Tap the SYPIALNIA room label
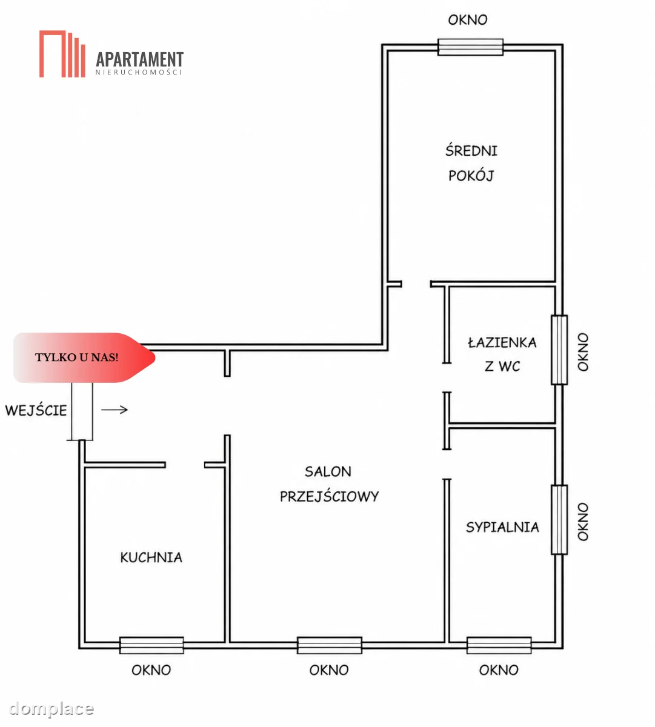click(x=502, y=527)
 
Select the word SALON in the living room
click(x=328, y=471)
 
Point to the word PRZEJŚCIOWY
click(x=329, y=496)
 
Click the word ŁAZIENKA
click(x=502, y=342)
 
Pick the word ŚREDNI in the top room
click(x=471, y=150)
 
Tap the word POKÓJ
click(x=471, y=176)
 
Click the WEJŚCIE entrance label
click(x=36, y=410)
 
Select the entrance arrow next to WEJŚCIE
click(x=115, y=410)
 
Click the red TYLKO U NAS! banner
click(x=84, y=357)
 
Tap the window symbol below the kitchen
click(x=151, y=645)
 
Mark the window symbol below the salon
click(x=330, y=645)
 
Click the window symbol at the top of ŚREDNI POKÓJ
click(x=471, y=47)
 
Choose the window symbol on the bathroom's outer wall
click(x=559, y=350)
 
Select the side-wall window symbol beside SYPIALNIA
click(x=559, y=519)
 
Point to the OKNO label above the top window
click(x=468, y=20)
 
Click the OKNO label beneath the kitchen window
click(x=151, y=671)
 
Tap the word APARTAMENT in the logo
click(x=139, y=59)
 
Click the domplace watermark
click(x=51, y=708)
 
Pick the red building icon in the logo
click(x=62, y=54)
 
